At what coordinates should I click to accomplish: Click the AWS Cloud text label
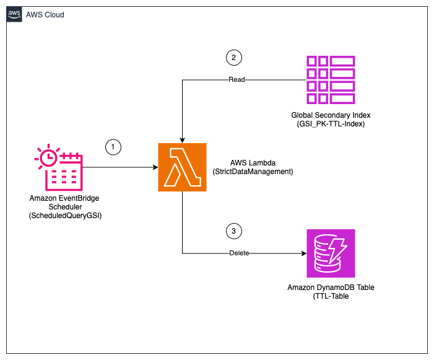point(45,14)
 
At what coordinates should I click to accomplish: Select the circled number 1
point(113,147)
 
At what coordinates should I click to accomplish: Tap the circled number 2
point(233,58)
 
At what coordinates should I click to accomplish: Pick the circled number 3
point(233,232)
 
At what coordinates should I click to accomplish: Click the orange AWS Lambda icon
point(182,167)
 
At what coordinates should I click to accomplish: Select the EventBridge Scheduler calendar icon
point(59,167)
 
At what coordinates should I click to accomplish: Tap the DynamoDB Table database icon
point(331,253)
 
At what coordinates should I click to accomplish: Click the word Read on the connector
point(237,80)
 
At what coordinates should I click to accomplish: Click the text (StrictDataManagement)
point(256,171)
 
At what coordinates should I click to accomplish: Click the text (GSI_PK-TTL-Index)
point(331,124)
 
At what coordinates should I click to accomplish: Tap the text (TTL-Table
point(331,297)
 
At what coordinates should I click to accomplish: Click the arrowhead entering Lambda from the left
point(154,167)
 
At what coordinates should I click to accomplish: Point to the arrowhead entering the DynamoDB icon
point(303,253)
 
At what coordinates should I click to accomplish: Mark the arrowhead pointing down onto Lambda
point(182,140)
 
